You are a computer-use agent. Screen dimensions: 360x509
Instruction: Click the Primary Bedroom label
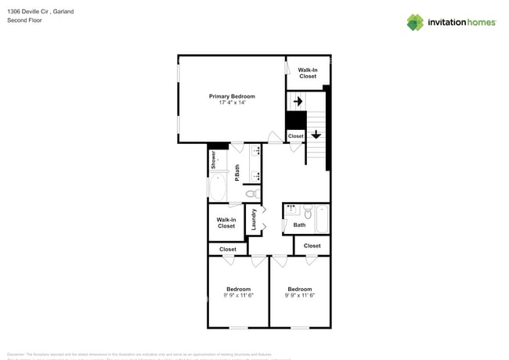click(232, 96)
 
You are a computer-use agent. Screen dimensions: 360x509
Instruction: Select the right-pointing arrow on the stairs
click(298, 101)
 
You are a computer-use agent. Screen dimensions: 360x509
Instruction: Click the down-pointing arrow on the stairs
click(316, 134)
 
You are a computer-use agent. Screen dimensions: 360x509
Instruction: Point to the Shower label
click(213, 160)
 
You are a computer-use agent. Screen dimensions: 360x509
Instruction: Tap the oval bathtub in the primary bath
click(217, 189)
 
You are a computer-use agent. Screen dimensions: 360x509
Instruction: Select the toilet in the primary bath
click(251, 193)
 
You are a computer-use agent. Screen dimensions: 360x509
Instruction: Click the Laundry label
click(254, 219)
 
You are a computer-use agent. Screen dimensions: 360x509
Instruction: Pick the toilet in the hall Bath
click(308, 212)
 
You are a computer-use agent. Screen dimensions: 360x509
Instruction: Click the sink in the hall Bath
click(291, 210)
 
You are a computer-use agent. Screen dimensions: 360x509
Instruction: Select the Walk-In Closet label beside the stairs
click(308, 73)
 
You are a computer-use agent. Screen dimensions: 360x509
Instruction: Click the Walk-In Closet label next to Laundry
click(226, 223)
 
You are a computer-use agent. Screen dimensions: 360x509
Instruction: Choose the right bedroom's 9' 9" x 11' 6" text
click(299, 295)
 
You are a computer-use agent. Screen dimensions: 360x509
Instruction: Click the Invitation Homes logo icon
click(414, 23)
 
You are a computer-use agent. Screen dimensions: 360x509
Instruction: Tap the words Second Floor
click(25, 20)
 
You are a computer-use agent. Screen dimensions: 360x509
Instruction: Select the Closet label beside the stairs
click(295, 136)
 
